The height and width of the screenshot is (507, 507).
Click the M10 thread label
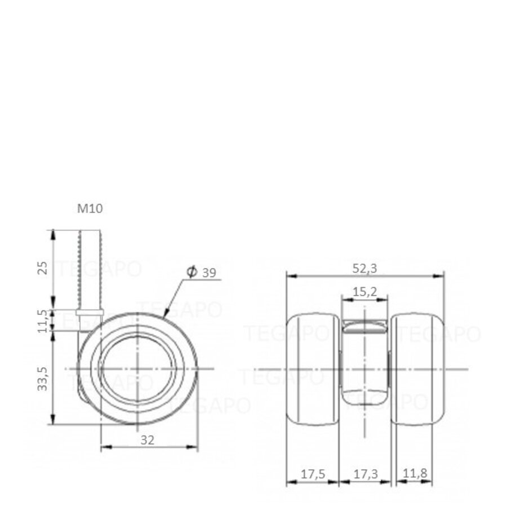[90, 209]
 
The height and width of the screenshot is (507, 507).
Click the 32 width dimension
[148, 440]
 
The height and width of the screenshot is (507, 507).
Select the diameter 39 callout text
[202, 273]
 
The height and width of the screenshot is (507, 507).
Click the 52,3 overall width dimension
[365, 269]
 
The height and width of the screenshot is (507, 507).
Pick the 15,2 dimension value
[364, 292]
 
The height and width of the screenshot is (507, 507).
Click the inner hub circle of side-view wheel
[137, 369]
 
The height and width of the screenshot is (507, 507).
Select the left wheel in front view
[313, 369]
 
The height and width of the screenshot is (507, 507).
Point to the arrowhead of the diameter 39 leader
[164, 313]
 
